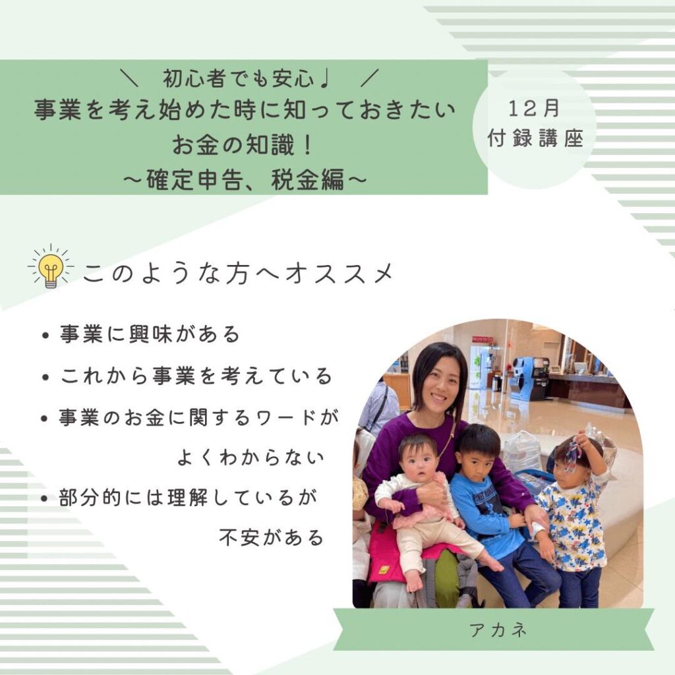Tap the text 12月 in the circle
pos(534,108)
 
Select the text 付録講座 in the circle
pos(535,138)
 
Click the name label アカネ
pos(498,631)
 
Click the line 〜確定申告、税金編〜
pos(244,179)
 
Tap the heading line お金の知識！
pos(244,144)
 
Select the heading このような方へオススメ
pos(238,274)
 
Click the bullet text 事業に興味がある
pos(150,334)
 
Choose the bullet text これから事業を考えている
pos(196,376)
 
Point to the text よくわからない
pos(250,458)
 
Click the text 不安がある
pos(271,538)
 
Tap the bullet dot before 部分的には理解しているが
pos(44,500)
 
